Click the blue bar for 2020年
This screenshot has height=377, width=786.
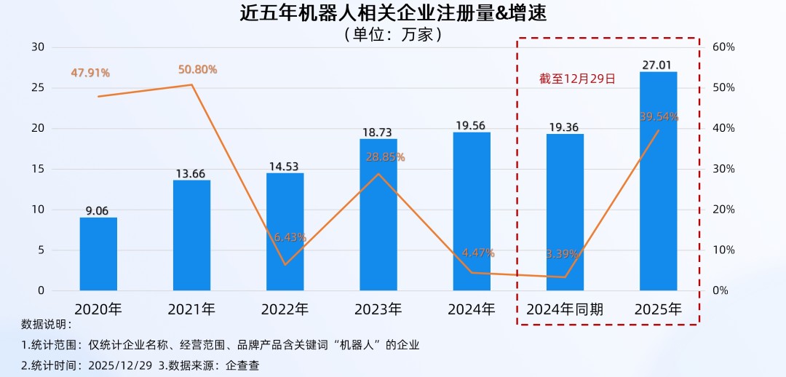pos(98,254)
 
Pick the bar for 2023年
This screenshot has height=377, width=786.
pos(378,215)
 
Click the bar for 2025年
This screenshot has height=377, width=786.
pos(658,181)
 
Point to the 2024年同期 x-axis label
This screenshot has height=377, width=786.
pos(565,309)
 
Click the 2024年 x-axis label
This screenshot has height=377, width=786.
pos(472,309)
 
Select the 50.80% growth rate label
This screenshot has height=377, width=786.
pos(197,70)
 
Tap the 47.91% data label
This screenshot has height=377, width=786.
pos(90,73)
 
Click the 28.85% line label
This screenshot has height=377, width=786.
pos(385,157)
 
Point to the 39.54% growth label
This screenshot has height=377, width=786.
pos(659,116)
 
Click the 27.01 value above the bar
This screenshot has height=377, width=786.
pos(659,65)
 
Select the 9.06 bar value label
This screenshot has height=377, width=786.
pos(97,211)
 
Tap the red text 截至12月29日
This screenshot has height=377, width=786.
pos(577,78)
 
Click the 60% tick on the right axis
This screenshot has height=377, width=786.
pos(723,47)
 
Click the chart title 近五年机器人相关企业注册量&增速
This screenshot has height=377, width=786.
pos(392,14)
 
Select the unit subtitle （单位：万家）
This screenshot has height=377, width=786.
pos(392,34)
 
